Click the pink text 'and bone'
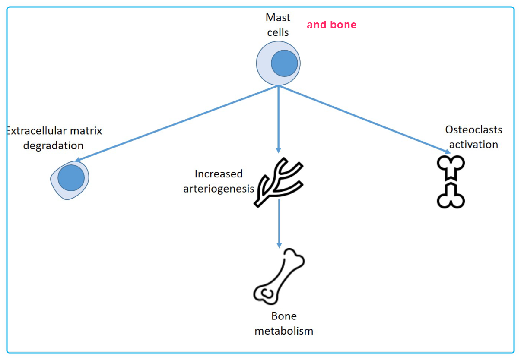pyautogui.click(x=331, y=25)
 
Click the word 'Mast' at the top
pyautogui.click(x=278, y=18)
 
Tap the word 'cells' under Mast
pyautogui.click(x=278, y=32)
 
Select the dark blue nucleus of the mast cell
pyautogui.click(x=284, y=63)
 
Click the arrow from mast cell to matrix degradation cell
pyautogui.click(x=177, y=124)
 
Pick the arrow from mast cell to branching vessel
pyautogui.click(x=278, y=119)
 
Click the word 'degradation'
pyautogui.click(x=53, y=145)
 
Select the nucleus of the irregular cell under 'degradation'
pyautogui.click(x=71, y=178)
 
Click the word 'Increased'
pyautogui.click(x=219, y=174)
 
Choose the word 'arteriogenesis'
pyautogui.click(x=219, y=189)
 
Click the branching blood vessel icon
pyautogui.click(x=279, y=181)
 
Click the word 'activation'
pyautogui.click(x=473, y=145)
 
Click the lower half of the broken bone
pyautogui.click(x=451, y=196)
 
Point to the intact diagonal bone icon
pyautogui.click(x=279, y=276)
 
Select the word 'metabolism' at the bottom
pyautogui.click(x=284, y=331)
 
